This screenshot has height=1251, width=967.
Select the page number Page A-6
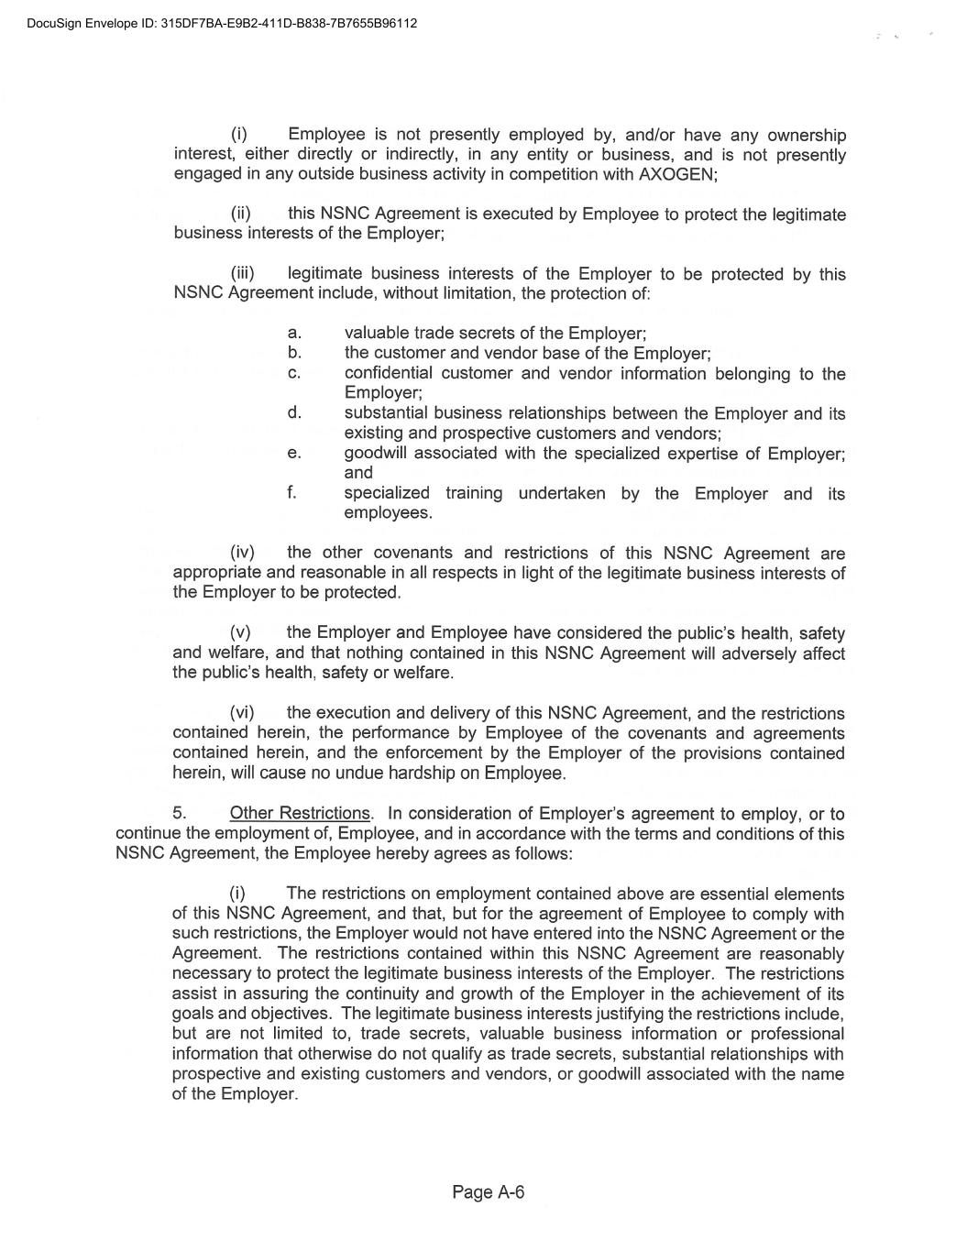(x=488, y=1192)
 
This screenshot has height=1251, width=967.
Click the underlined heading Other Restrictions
(x=300, y=814)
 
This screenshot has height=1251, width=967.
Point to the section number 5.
(x=180, y=814)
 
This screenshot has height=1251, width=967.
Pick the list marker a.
(x=294, y=334)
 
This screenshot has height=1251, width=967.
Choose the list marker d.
(x=294, y=413)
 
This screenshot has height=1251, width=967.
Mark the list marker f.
(x=292, y=493)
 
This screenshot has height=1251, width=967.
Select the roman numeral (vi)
(x=242, y=713)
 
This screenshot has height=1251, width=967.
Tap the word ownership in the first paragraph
(x=807, y=136)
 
